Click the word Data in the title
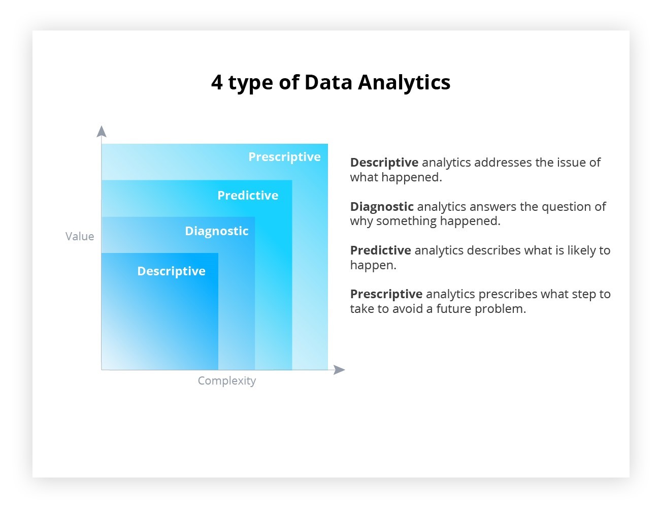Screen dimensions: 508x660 328,82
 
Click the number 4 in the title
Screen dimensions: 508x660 217,82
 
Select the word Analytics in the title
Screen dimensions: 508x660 404,82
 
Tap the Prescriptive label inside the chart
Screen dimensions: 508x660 284,157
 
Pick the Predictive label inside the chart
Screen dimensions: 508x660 248,196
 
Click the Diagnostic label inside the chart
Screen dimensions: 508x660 217,231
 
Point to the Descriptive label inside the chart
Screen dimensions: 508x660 171,271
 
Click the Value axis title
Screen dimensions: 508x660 80,236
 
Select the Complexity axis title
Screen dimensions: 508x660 226,380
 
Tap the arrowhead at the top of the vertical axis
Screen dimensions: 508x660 102,132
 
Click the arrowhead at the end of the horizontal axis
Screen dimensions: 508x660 339,370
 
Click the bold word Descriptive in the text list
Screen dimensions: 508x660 384,163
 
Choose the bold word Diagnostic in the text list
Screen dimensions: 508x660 382,207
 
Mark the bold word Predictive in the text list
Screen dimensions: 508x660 381,250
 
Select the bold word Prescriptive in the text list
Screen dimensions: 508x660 386,294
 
